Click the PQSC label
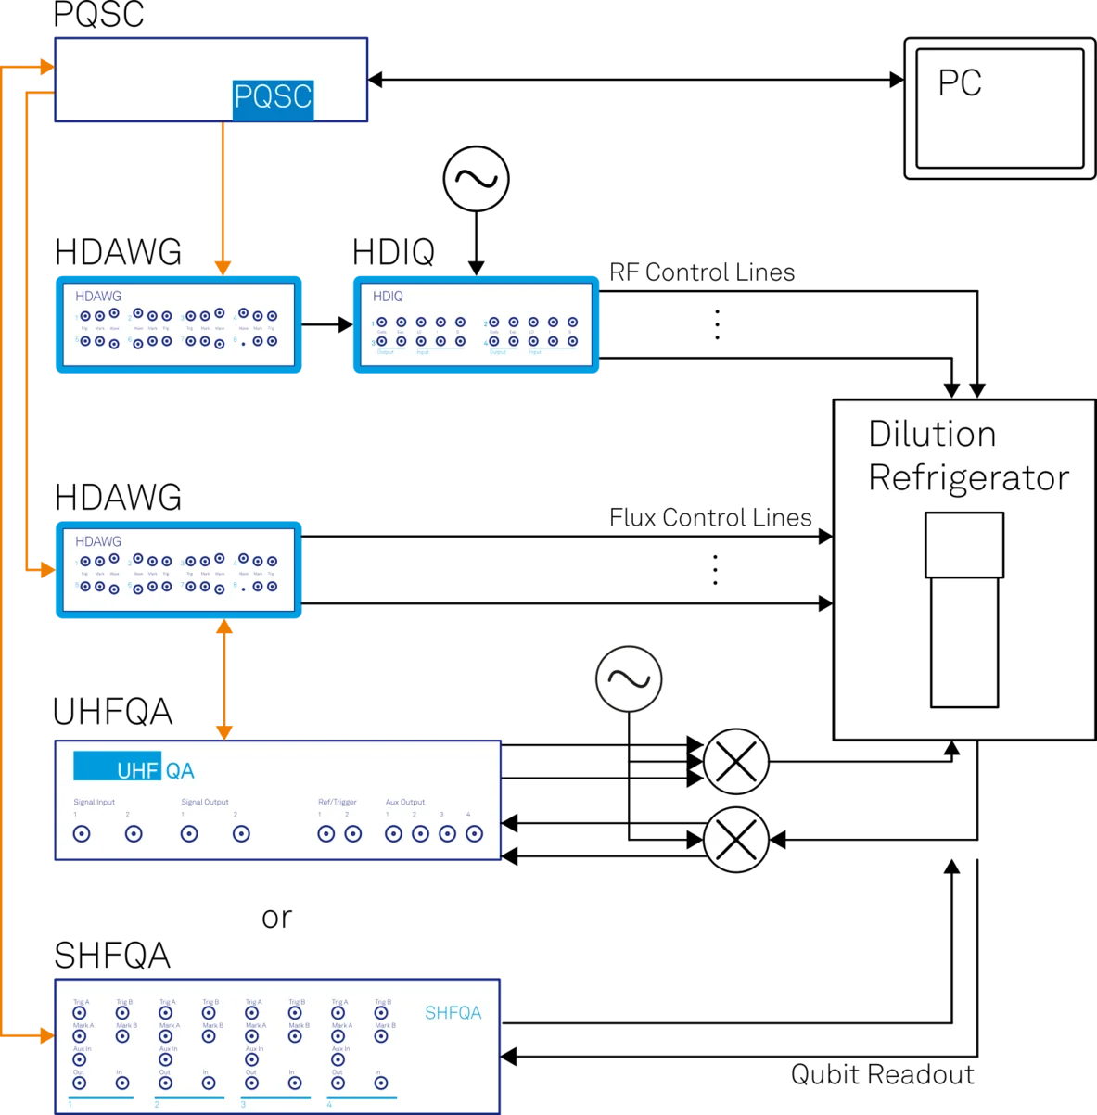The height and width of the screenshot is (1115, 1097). tap(273, 97)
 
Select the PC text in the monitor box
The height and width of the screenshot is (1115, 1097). tap(960, 83)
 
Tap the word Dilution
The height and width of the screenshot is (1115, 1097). tap(932, 435)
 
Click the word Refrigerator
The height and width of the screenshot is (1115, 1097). tap(968, 478)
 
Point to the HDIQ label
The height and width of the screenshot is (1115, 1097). tap(388, 297)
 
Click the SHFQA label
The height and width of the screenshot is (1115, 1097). tap(453, 1013)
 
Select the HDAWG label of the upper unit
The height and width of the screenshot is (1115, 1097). tap(98, 297)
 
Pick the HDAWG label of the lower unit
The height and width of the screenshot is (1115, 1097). tap(98, 541)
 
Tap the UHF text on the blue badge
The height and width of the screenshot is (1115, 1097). tap(137, 770)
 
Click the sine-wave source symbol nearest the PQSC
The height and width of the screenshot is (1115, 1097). tap(477, 179)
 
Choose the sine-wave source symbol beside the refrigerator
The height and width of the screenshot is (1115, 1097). tap(629, 679)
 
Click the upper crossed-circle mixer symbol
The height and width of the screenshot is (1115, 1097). tap(736, 763)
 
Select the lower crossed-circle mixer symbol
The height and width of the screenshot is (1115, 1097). tap(736, 840)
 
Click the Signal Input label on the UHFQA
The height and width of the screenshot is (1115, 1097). tap(95, 802)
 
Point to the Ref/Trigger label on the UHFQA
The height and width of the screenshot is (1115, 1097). tap(338, 802)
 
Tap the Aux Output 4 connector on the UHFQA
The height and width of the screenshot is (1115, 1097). tap(474, 834)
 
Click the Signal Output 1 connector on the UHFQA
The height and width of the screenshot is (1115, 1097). tap(189, 834)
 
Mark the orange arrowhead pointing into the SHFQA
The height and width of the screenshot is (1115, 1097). tap(45, 1033)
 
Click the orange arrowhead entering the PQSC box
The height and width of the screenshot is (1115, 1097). tap(45, 68)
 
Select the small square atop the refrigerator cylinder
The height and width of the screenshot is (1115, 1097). tap(964, 545)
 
